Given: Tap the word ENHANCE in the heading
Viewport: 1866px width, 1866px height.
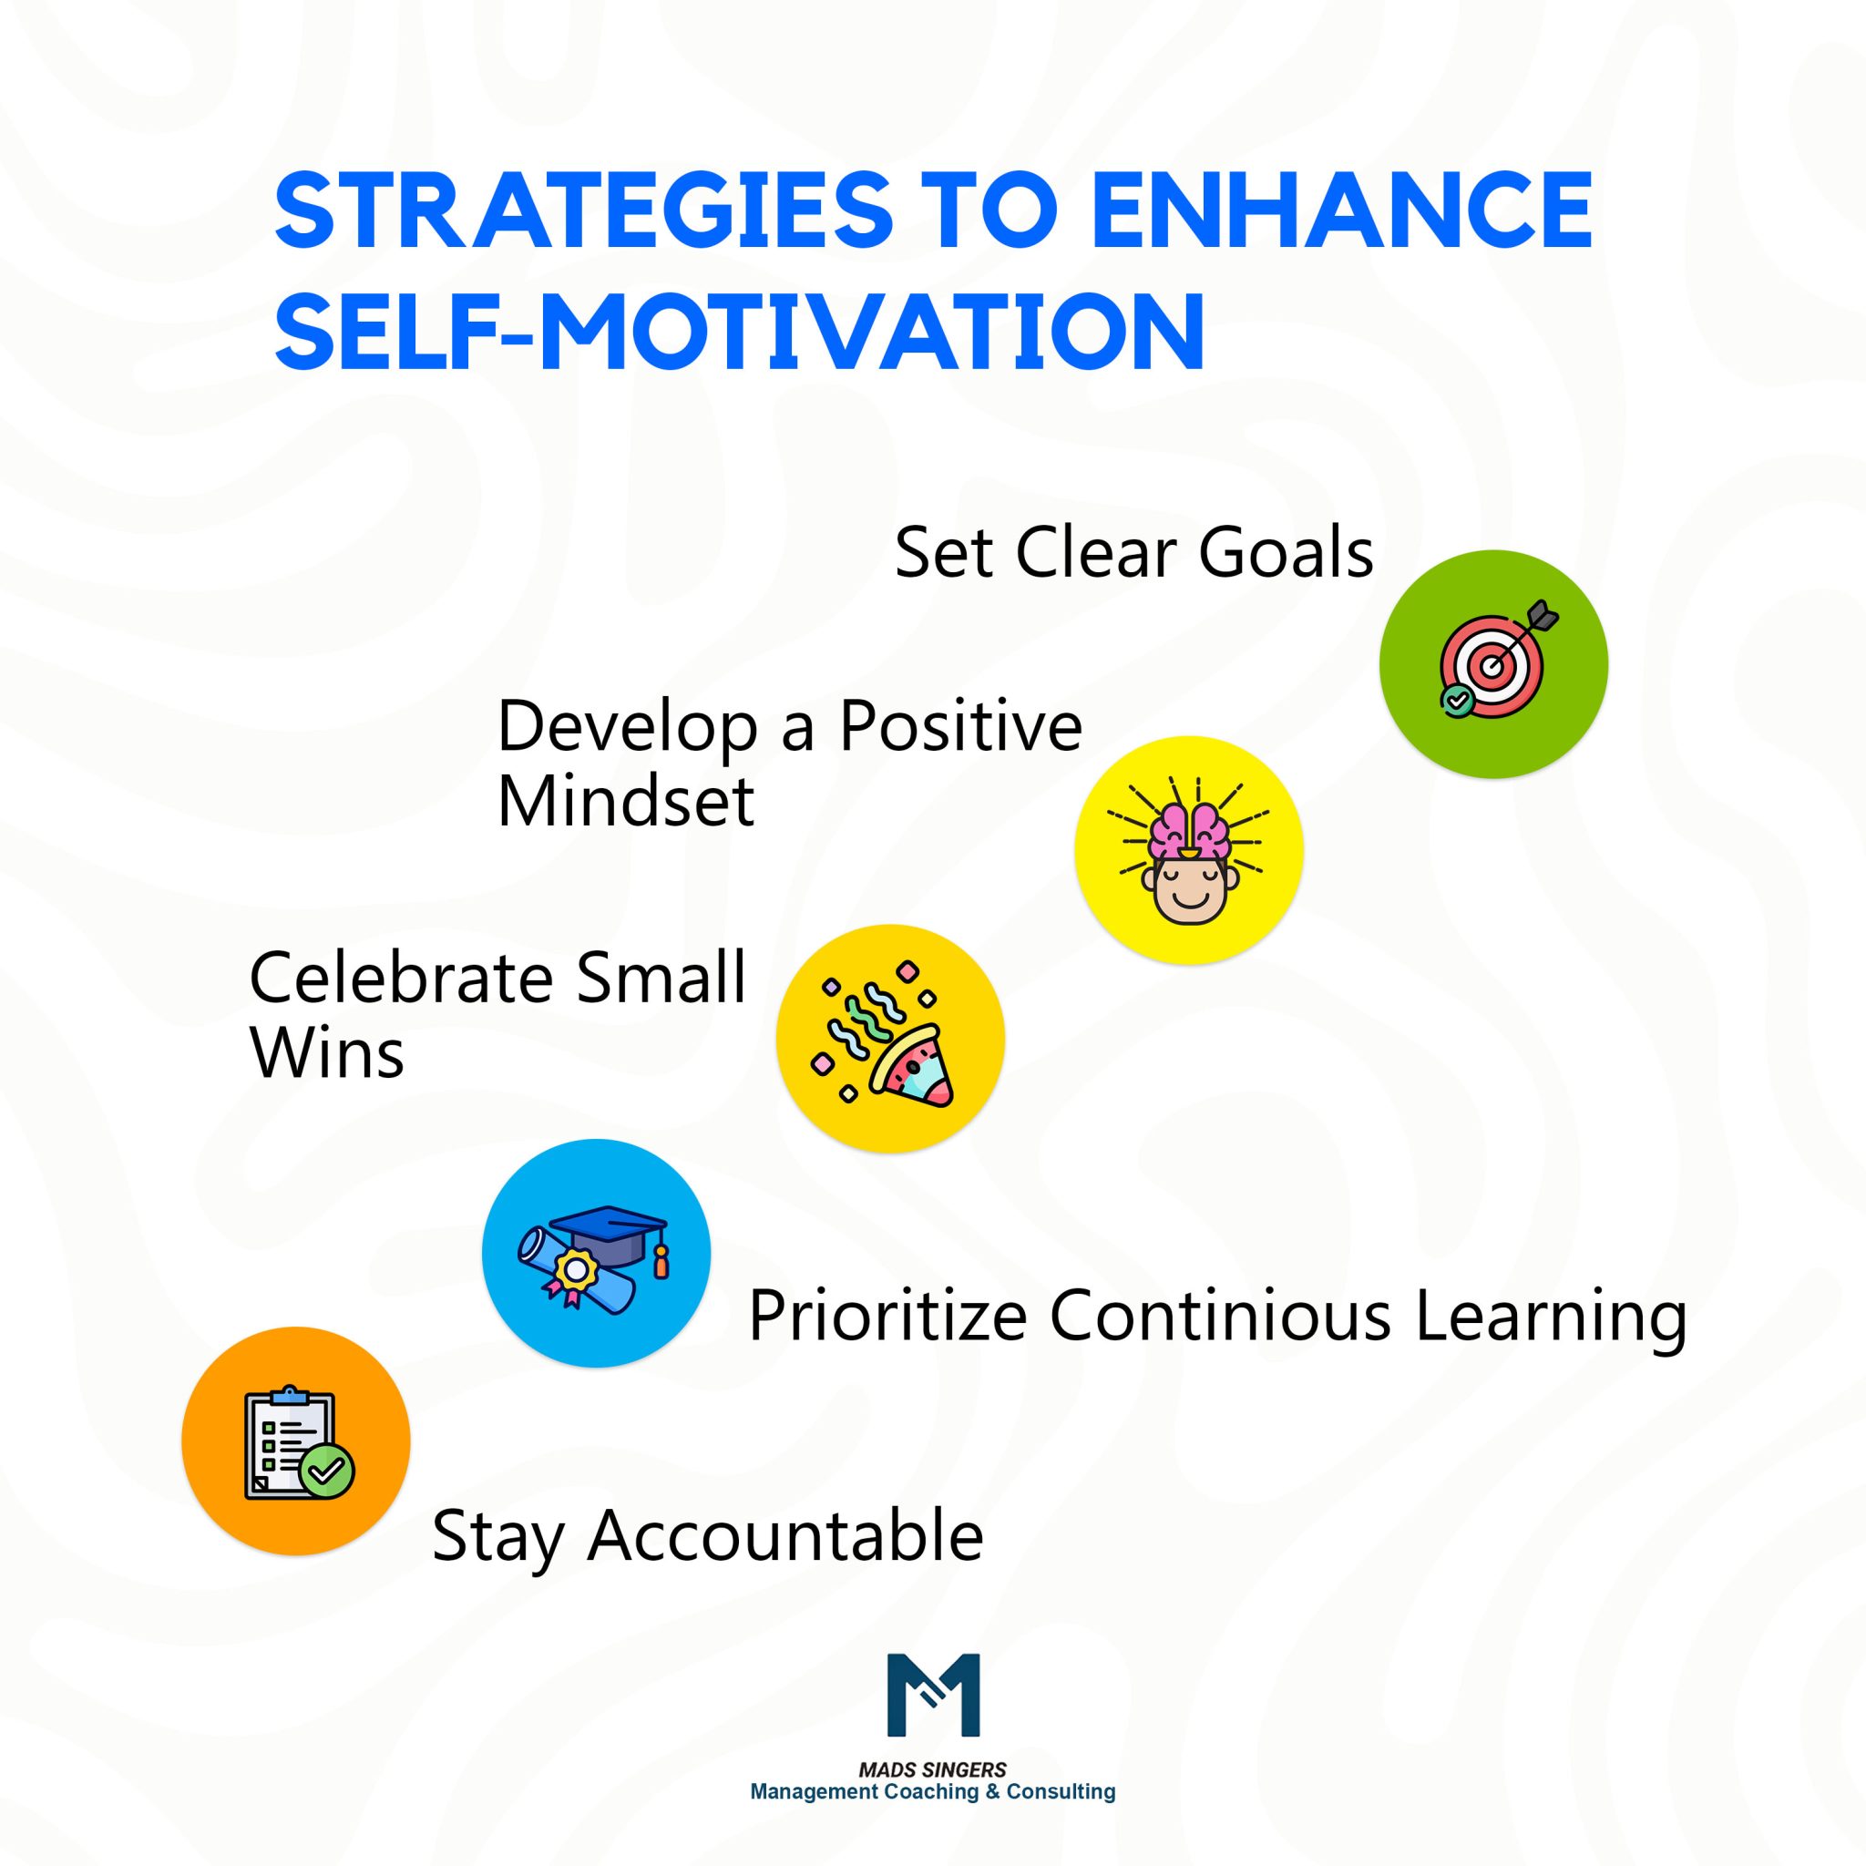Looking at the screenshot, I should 1341,210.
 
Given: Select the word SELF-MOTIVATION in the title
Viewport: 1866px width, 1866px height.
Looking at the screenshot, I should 739,331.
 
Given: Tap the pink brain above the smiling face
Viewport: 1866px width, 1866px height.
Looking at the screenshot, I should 1189,830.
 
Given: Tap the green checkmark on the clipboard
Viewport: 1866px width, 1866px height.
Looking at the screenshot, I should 327,1470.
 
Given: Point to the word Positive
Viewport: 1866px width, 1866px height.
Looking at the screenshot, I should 960,725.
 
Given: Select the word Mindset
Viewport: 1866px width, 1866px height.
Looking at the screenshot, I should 625,801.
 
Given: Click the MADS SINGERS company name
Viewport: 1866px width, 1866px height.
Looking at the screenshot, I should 933,1769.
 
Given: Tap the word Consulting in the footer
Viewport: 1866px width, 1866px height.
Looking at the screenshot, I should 1061,1791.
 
